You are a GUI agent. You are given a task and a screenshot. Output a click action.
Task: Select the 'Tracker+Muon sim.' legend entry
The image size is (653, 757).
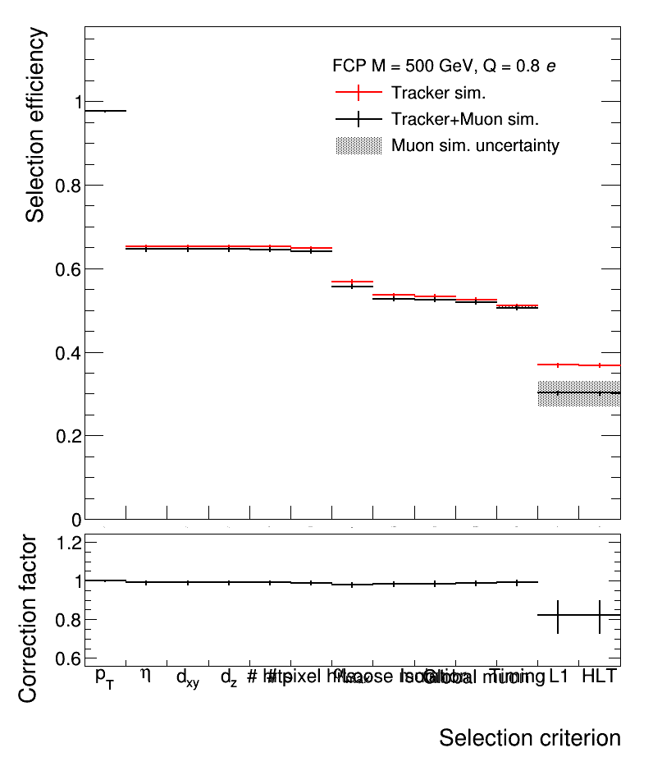tap(464, 119)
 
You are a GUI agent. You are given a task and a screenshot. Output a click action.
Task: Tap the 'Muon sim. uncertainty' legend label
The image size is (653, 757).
tap(475, 146)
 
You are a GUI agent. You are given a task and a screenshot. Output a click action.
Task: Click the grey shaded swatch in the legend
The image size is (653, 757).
tap(359, 146)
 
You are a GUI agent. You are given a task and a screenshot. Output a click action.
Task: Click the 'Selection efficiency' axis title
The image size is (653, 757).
tap(35, 125)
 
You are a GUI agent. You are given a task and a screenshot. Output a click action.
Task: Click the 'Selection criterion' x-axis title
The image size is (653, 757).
tap(529, 737)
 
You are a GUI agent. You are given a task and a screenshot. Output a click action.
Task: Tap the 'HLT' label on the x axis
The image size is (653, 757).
tap(599, 677)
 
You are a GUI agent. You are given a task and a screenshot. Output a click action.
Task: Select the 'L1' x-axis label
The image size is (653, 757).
tap(559, 677)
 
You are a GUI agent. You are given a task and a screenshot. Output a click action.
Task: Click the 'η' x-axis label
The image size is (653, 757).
tap(146, 676)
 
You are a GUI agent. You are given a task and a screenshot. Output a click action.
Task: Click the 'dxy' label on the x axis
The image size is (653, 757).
tap(187, 679)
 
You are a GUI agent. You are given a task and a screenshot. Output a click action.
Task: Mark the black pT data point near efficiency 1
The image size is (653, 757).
tap(105, 111)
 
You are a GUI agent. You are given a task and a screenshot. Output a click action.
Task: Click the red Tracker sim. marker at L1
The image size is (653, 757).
tap(558, 365)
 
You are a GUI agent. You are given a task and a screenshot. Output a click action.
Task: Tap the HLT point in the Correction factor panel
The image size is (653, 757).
tap(600, 615)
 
